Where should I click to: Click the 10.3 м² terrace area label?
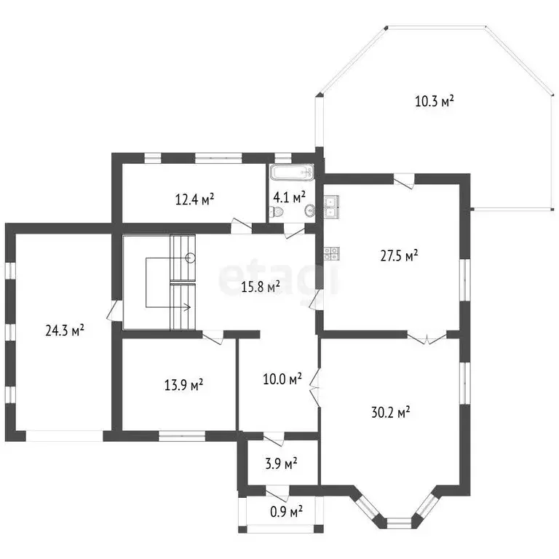click(x=435, y=101)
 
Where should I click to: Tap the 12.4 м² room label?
click(x=194, y=199)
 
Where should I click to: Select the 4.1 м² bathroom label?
click(x=289, y=197)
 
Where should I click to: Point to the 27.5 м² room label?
click(x=399, y=255)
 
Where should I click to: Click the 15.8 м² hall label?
click(x=261, y=287)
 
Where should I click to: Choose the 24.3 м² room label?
click(x=65, y=330)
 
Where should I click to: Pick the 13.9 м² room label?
click(x=183, y=385)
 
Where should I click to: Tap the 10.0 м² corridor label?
click(x=282, y=379)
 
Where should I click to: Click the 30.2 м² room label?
click(x=391, y=413)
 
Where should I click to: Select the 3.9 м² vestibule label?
click(x=281, y=464)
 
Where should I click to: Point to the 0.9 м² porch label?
click(x=286, y=512)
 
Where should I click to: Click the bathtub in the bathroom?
click(x=292, y=173)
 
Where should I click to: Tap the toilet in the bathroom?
click(x=277, y=213)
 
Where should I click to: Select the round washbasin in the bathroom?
click(x=310, y=210)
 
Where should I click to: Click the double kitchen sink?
click(x=332, y=207)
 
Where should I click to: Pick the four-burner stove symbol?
click(x=332, y=253)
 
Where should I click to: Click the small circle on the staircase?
click(x=191, y=258)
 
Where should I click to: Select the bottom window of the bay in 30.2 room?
click(x=399, y=523)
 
